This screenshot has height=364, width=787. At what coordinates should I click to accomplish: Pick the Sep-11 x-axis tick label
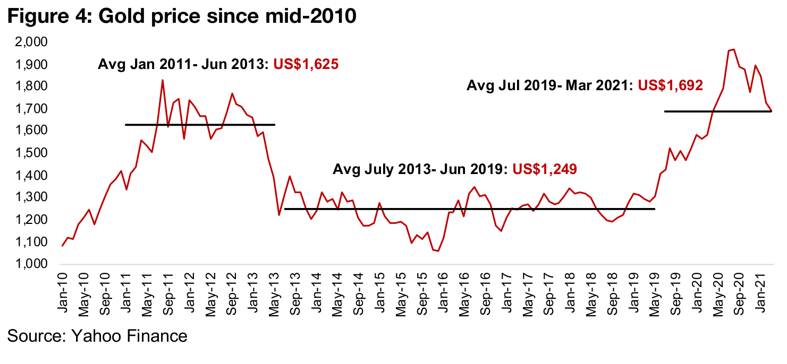(x=168, y=289)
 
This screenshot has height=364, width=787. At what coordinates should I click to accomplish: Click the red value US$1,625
(x=306, y=65)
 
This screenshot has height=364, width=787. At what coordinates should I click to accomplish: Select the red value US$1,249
(x=544, y=169)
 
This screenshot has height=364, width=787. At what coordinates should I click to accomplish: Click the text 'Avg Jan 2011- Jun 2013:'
(x=183, y=65)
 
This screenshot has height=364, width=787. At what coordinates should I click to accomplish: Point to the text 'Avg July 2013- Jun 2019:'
(x=420, y=169)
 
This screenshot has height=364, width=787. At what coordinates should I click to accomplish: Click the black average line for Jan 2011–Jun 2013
(x=199, y=125)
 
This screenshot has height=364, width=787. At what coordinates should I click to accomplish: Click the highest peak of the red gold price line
(x=734, y=49)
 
